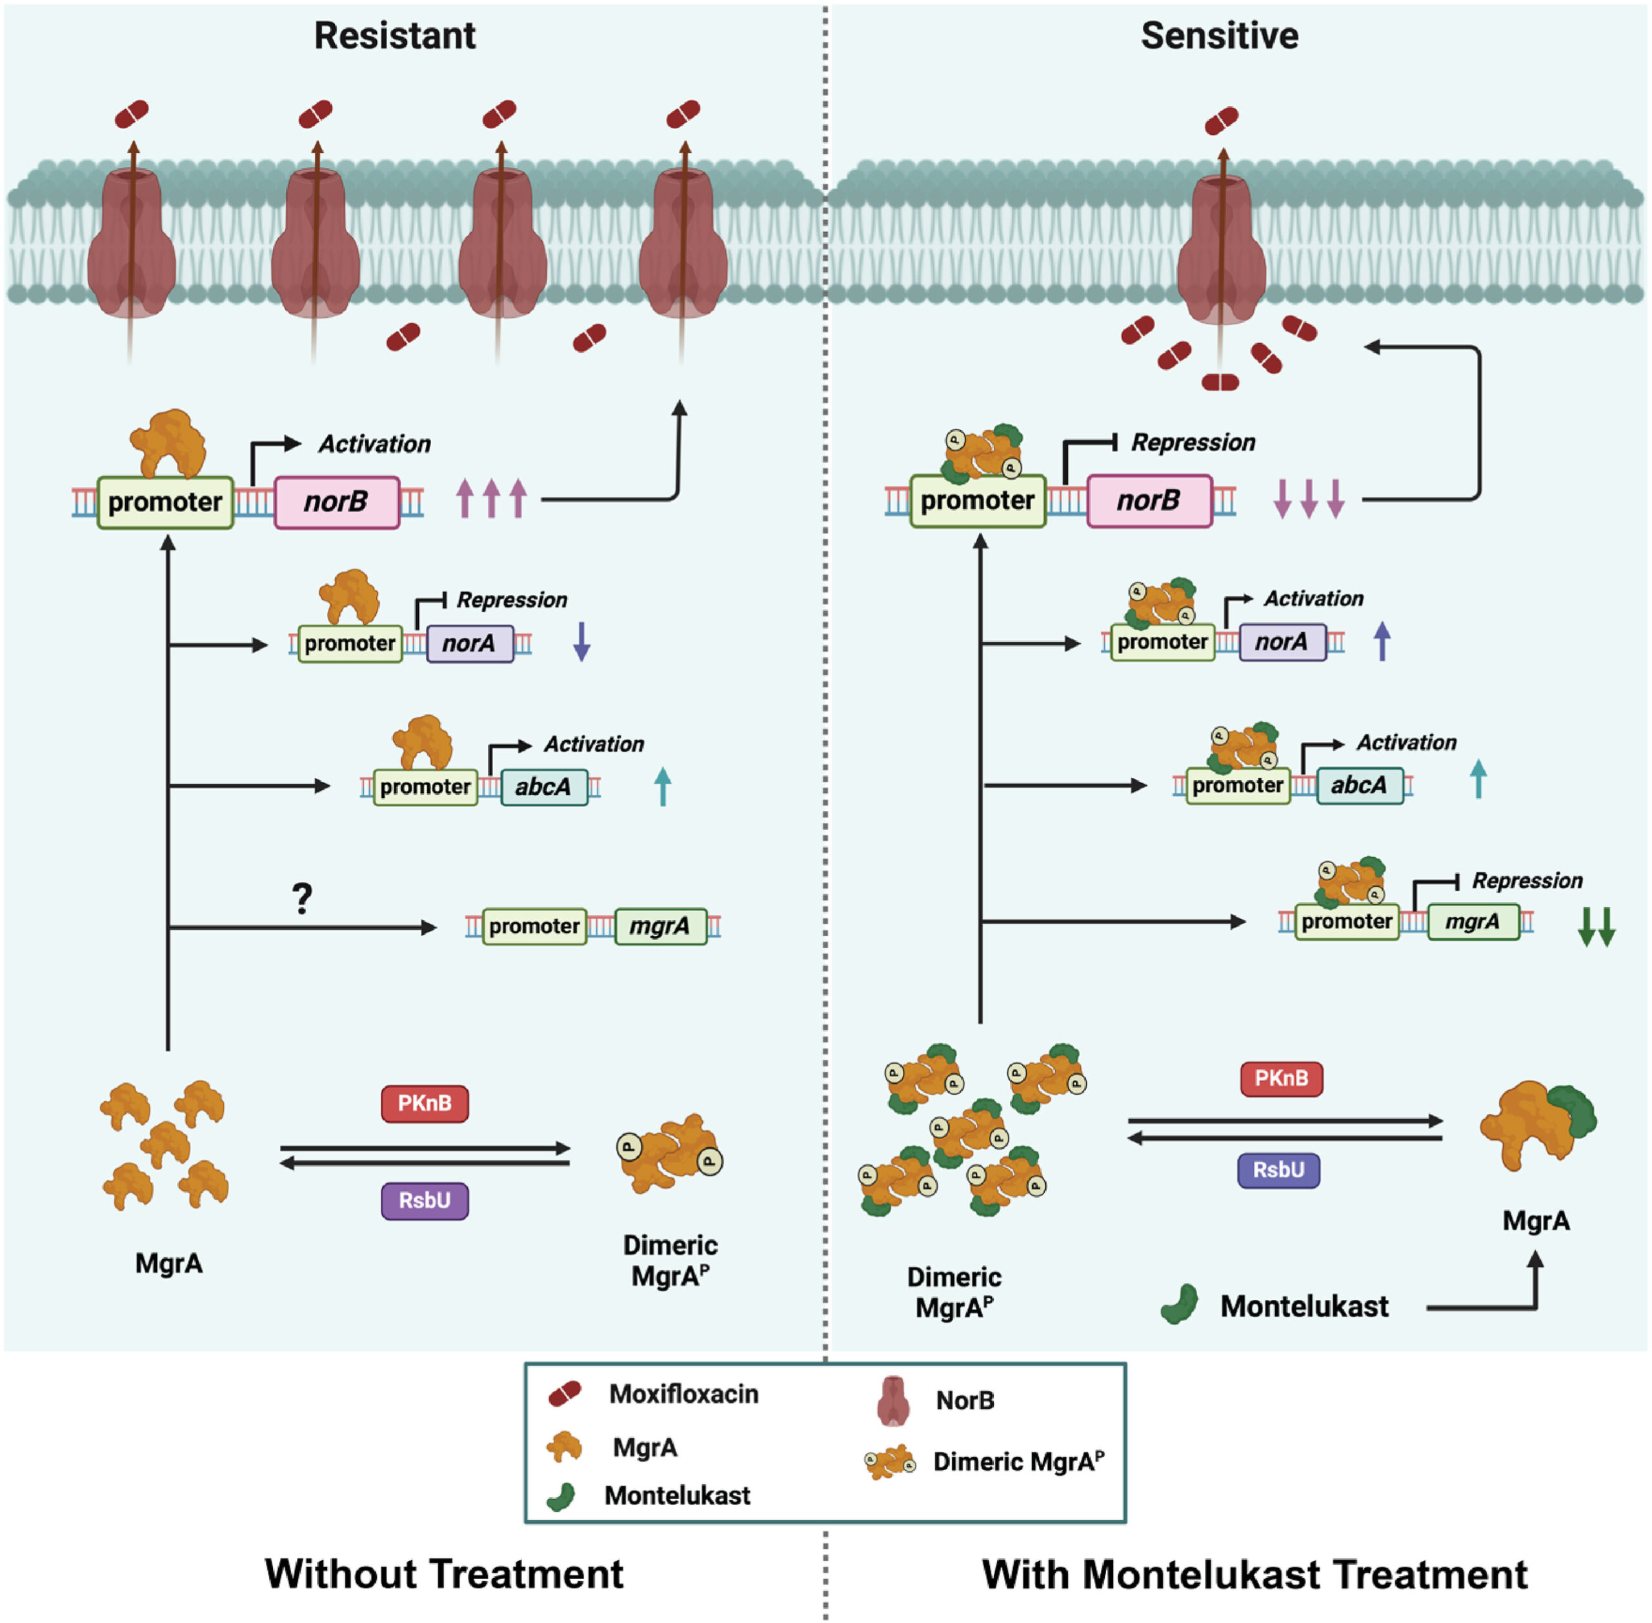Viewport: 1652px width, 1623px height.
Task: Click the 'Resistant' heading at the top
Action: coord(395,36)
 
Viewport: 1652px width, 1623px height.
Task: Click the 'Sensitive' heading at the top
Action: coord(1219,36)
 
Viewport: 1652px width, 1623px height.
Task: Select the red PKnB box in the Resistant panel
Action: coord(424,1103)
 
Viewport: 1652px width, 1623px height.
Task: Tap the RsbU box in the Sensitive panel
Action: coord(1278,1170)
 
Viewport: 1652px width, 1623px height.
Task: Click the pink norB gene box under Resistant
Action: coord(336,502)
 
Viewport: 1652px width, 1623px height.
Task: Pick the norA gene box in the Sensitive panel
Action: coord(1282,642)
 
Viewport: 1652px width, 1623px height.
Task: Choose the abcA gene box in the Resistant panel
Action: coord(543,786)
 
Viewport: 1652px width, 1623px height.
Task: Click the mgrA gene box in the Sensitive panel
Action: coord(1472,921)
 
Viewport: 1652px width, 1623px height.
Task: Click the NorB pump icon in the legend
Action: coord(893,1400)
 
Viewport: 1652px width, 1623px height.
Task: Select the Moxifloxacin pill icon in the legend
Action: coord(565,1394)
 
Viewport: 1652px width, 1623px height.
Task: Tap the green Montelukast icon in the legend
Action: coord(561,1496)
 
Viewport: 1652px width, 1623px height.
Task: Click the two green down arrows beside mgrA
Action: coord(1596,926)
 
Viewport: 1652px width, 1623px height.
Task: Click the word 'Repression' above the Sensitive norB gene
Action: coord(1193,443)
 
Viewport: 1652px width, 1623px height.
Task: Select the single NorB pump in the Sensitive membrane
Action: coord(1222,247)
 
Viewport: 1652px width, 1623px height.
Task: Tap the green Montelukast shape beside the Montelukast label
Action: coord(1180,1304)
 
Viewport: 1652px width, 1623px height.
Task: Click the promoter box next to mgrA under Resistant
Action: coord(534,926)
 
